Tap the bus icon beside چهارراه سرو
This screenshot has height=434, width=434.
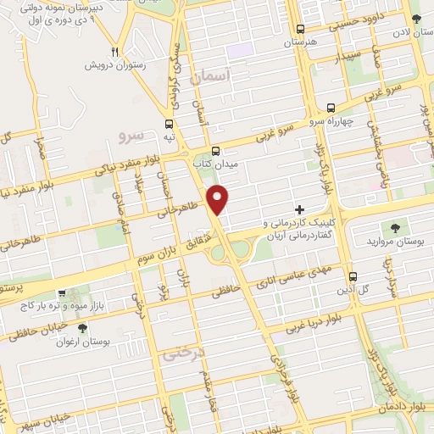[x=331, y=108]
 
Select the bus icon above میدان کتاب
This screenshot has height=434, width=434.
[x=215, y=147]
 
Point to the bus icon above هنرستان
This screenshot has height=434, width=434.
[x=299, y=27]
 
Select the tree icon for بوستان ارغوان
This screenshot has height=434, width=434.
[x=81, y=328]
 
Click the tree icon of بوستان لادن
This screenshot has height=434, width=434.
[x=415, y=18]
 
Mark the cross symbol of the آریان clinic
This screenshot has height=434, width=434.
[x=298, y=209]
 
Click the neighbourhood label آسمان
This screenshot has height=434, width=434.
[x=211, y=77]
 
